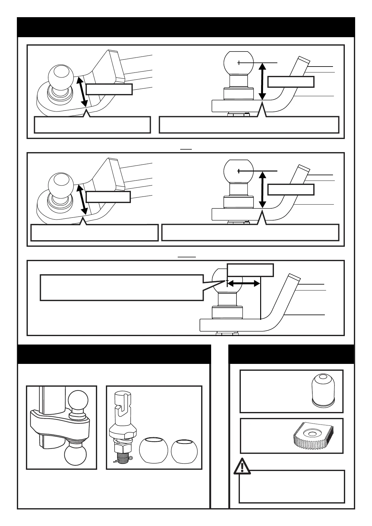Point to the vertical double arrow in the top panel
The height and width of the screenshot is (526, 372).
tap(263, 81)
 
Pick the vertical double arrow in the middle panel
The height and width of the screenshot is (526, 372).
tap(263, 189)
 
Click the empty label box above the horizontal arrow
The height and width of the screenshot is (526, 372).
tap(250, 270)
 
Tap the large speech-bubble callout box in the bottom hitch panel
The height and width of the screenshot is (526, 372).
tap(122, 287)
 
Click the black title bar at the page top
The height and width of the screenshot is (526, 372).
tap(186, 27)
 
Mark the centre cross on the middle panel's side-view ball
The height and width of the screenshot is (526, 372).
tap(239, 171)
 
